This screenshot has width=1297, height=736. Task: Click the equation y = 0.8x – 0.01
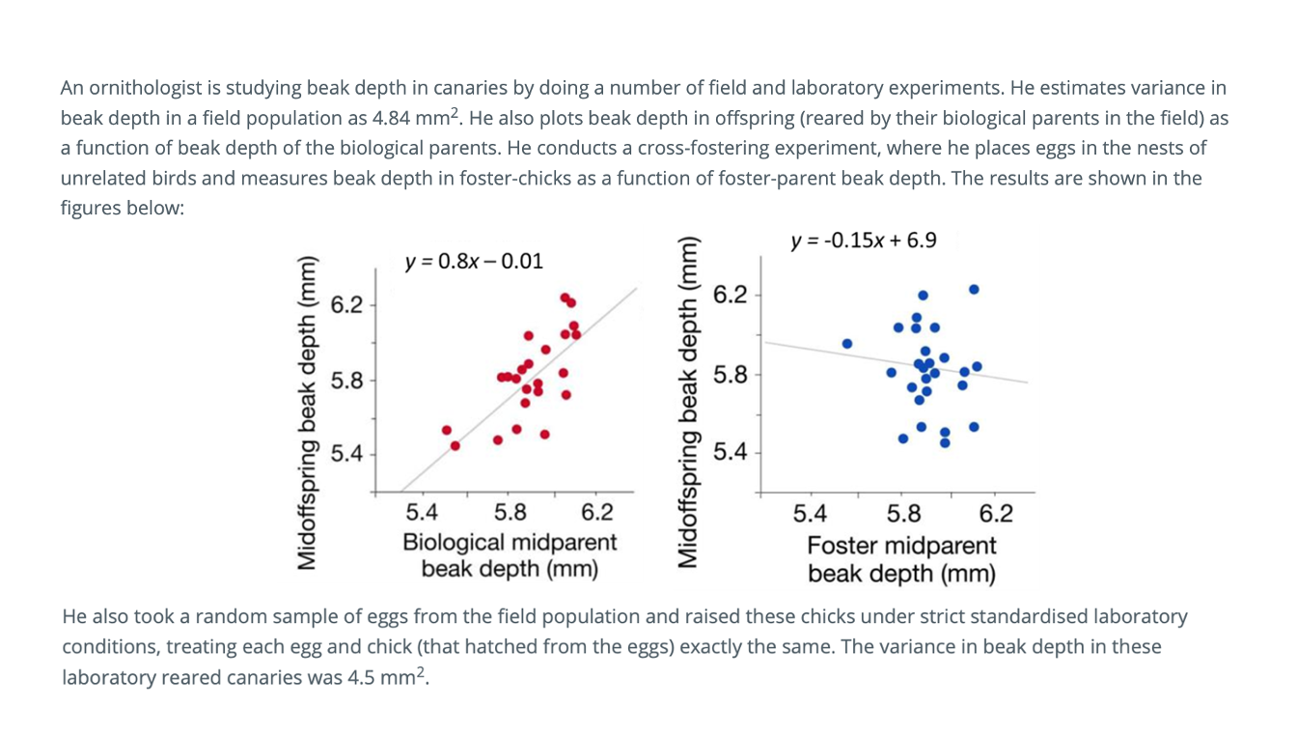(x=474, y=261)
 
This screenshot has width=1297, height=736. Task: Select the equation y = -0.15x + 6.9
(x=863, y=240)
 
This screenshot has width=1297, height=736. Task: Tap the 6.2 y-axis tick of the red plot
(x=346, y=305)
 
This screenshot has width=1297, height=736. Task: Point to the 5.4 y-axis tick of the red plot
(x=346, y=453)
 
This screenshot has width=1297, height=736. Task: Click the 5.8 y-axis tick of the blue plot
(x=730, y=374)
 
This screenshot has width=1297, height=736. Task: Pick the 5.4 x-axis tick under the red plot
(x=422, y=512)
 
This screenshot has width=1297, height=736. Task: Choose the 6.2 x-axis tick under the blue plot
(x=996, y=513)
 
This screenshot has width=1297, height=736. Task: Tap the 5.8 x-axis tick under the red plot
(x=510, y=512)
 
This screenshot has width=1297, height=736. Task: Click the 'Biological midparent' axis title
(x=510, y=542)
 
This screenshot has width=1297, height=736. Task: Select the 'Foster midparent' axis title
(x=901, y=545)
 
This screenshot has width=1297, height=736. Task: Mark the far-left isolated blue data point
(x=847, y=343)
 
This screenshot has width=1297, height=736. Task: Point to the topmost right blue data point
(x=974, y=289)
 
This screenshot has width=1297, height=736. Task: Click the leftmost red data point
(x=447, y=430)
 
